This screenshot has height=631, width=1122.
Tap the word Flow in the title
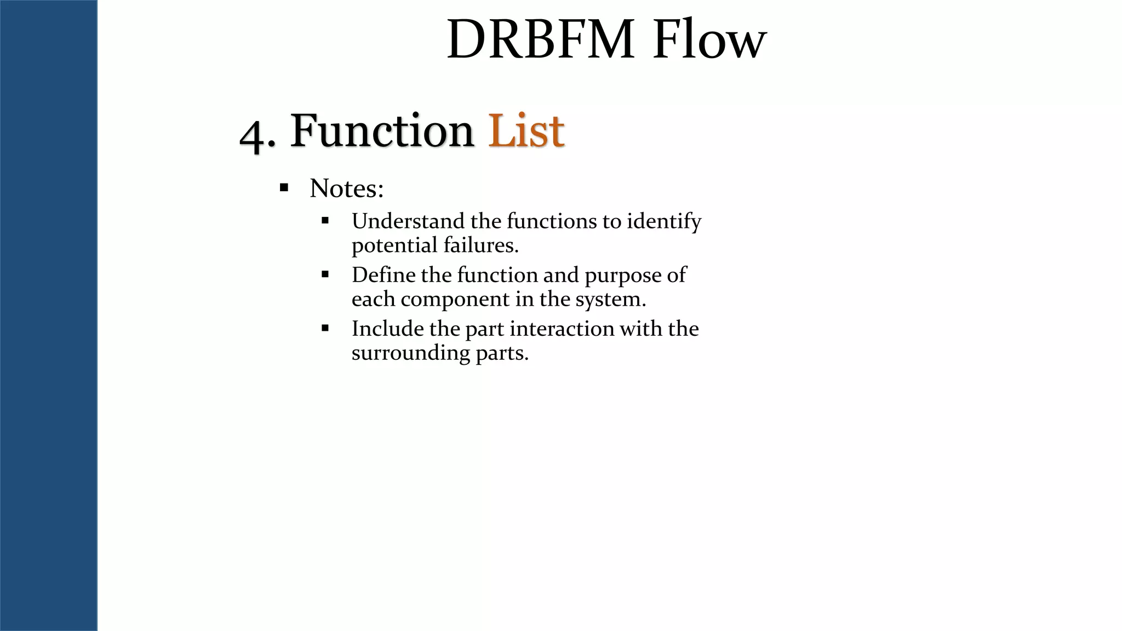click(x=709, y=40)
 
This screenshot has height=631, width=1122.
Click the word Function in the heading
click(x=382, y=131)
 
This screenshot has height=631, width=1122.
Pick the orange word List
click(x=526, y=131)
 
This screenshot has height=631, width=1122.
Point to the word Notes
click(x=346, y=188)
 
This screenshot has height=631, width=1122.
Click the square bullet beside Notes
click(x=284, y=188)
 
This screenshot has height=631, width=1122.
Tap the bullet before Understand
click(x=325, y=221)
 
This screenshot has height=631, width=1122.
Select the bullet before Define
click(x=325, y=274)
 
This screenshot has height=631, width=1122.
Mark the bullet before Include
click(x=325, y=328)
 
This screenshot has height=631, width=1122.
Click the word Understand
click(x=408, y=221)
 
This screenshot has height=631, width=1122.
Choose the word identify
click(x=664, y=221)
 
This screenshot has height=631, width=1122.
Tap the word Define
click(x=383, y=275)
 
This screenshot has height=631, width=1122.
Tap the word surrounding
click(x=410, y=353)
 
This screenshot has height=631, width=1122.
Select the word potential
click(x=394, y=245)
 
